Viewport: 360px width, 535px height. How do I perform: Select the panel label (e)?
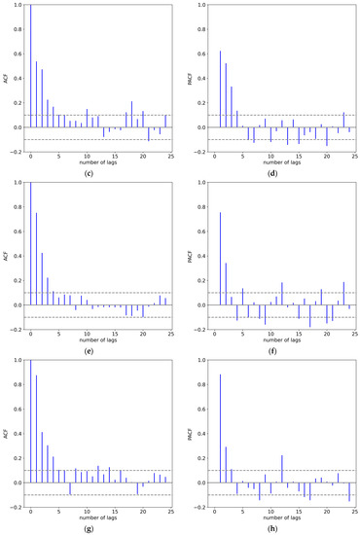click(x=100, y=351)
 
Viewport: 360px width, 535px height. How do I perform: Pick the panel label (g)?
click(x=100, y=528)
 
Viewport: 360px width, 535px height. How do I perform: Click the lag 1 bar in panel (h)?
click(x=220, y=429)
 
